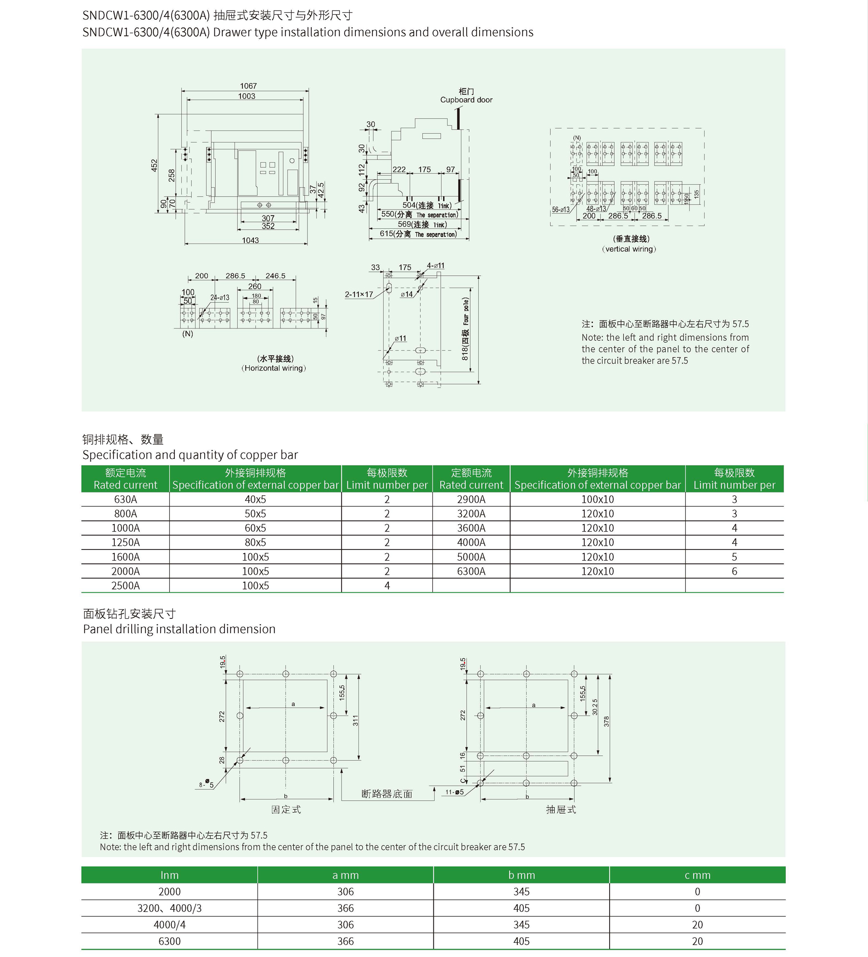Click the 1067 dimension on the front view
point(248,86)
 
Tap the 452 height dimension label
point(154,165)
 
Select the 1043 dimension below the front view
point(251,240)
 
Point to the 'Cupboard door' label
point(466,100)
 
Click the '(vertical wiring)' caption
point(629,249)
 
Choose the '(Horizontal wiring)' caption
point(274,368)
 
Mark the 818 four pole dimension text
point(465,328)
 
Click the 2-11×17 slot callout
point(358,294)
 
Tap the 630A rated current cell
point(125,499)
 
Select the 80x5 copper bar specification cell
point(255,543)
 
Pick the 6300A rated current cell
point(471,572)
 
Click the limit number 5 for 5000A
point(734,557)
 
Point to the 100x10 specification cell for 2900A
point(597,499)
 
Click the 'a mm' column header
point(345,875)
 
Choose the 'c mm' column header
point(697,875)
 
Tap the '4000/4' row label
point(169,925)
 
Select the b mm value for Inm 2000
point(521,892)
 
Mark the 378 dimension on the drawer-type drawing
point(606,722)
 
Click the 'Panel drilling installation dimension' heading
point(179,629)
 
